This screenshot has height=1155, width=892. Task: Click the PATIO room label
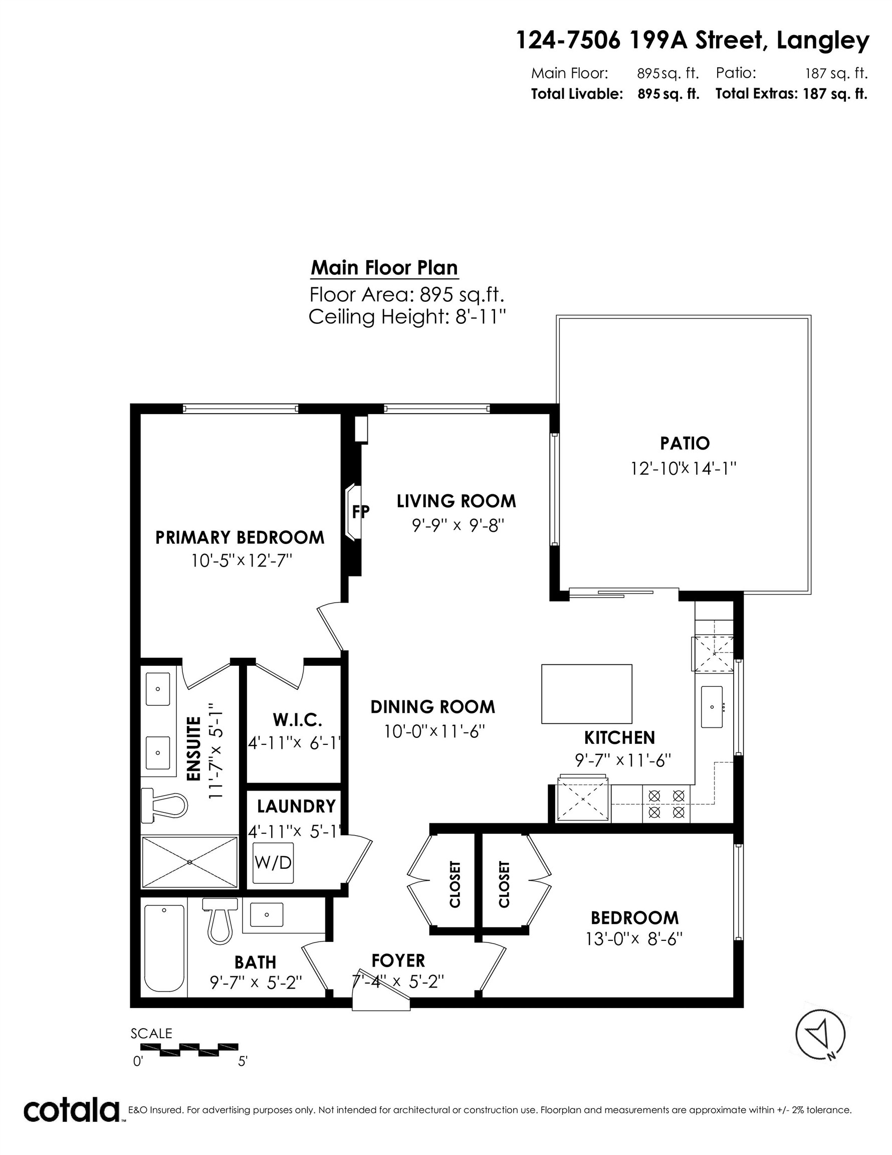point(684,443)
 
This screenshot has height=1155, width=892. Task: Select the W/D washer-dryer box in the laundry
point(272,863)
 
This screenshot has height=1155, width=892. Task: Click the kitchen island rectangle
point(586,693)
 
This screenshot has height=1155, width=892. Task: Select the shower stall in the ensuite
point(190,862)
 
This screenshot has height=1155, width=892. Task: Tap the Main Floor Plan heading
point(384,268)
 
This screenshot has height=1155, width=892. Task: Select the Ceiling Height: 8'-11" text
point(407,317)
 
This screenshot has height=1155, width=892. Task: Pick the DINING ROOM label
point(432,706)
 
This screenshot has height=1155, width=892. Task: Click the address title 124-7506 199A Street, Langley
point(692,41)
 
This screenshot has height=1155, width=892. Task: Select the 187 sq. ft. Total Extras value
point(835,94)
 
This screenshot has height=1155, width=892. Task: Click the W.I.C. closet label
point(297,719)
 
